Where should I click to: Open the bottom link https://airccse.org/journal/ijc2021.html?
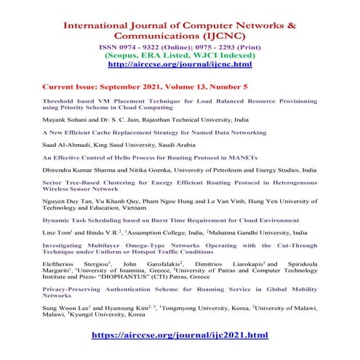coord(180,337)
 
